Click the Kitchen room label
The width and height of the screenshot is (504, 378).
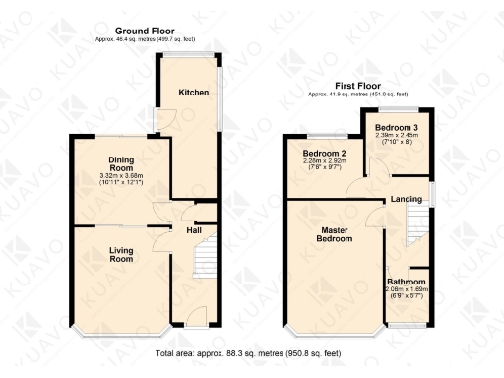[193, 93]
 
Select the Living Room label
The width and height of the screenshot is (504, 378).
[121, 254]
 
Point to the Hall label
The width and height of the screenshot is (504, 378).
[195, 230]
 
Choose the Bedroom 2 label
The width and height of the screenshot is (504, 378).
[323, 155]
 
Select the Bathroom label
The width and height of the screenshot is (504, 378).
[406, 282]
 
